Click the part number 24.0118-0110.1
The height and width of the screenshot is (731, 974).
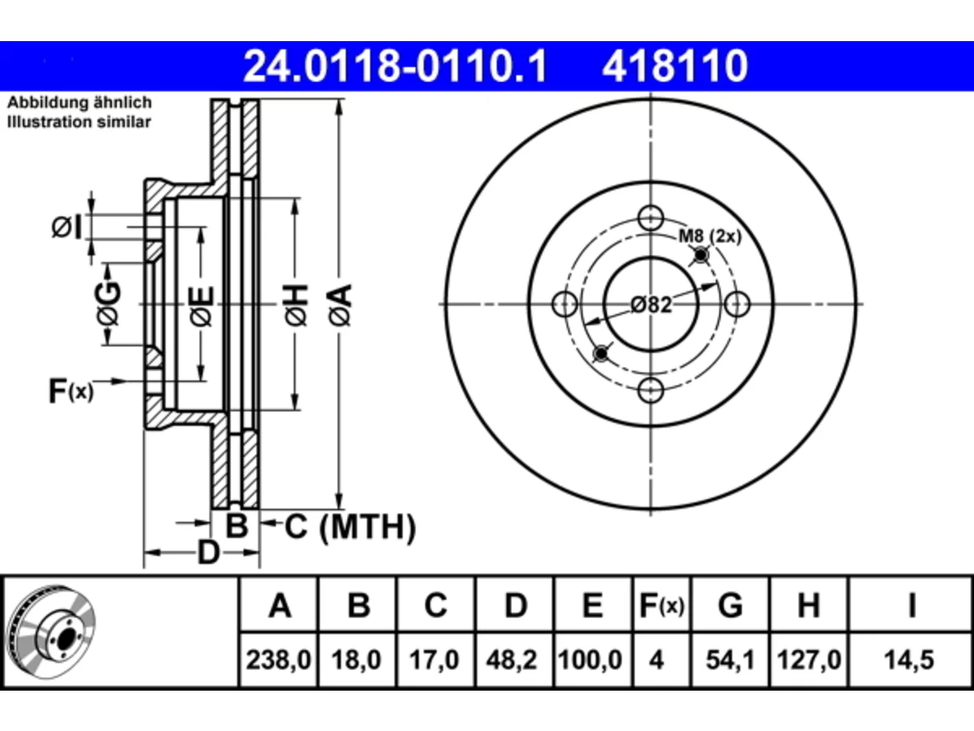395,66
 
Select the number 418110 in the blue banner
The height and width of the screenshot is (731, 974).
675,66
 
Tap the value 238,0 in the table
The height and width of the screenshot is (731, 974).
279,660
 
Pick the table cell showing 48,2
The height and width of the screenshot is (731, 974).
511,660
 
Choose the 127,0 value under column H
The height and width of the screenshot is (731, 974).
808,660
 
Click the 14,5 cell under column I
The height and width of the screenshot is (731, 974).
909,660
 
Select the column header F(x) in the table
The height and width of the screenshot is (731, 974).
661,605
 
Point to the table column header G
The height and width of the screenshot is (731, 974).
730,605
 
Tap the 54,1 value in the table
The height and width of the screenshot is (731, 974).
730,660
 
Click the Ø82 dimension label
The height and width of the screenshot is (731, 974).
651,305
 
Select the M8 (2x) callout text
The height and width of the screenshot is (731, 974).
710,236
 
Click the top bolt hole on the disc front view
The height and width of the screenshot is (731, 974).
651,218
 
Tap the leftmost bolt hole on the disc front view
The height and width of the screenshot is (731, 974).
565,304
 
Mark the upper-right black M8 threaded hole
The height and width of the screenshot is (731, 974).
701,255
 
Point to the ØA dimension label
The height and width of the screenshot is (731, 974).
341,305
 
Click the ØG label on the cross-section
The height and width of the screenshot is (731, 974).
108,304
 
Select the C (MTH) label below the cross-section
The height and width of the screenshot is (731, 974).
350,527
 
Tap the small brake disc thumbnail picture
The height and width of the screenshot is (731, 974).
52,632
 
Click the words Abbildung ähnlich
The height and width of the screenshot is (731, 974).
79,103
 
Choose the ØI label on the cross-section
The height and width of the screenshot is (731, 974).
67,228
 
